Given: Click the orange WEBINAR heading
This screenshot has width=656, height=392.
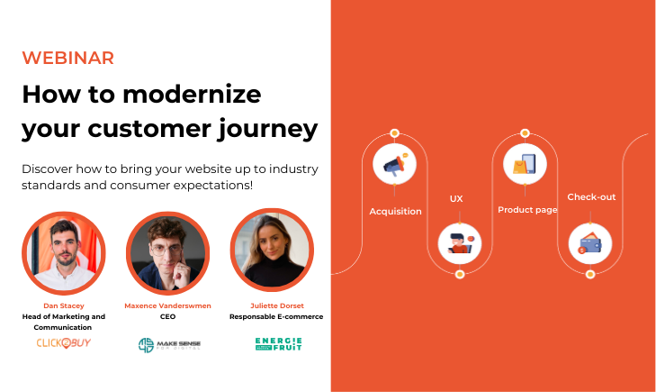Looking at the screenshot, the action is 67,58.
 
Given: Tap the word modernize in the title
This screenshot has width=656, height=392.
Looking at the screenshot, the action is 192,94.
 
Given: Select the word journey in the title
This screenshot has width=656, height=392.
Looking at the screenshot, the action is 267,129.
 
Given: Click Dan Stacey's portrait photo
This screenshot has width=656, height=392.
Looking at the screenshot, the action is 64,253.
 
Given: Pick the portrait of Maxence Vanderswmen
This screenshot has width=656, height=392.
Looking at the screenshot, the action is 167,253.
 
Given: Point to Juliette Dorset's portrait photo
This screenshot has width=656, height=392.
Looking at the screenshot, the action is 272,250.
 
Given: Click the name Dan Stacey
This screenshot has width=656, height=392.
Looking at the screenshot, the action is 64,305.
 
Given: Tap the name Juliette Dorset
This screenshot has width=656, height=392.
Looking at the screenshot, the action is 277,305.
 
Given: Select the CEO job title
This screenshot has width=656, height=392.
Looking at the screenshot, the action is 167,316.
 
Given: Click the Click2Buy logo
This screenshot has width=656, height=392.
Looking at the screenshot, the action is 64,343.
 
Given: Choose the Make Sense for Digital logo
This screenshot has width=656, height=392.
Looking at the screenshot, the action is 169,345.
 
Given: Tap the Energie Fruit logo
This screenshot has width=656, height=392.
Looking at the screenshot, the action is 279,344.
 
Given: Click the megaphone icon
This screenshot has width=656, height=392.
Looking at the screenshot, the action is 394,164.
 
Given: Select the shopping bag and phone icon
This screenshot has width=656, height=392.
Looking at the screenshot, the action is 525,164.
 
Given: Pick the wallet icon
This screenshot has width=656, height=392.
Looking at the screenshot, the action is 590,243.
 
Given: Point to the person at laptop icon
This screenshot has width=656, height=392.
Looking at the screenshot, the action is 460,243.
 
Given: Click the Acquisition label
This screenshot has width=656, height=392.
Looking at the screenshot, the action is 395,212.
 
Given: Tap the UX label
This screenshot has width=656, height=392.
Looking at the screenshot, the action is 456,198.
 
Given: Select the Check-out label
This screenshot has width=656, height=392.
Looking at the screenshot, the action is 591,196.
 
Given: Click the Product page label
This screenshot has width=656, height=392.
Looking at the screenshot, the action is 527,210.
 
